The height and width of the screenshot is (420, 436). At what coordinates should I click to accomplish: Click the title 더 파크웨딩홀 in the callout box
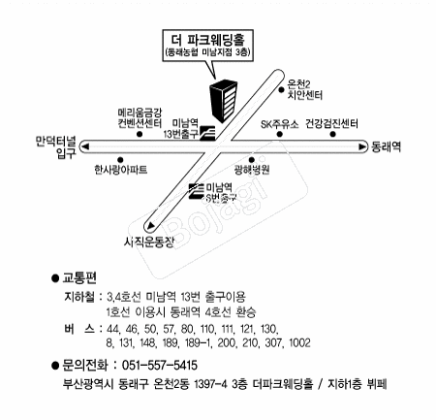click(x=208, y=40)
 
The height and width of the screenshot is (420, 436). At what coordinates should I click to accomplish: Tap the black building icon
click(x=224, y=101)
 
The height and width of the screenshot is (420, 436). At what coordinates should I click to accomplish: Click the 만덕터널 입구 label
click(x=56, y=147)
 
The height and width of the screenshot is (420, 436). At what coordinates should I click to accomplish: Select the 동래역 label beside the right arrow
click(x=386, y=146)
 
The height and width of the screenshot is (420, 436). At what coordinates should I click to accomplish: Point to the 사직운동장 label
click(x=149, y=241)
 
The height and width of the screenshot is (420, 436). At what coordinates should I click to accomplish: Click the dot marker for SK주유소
click(x=280, y=134)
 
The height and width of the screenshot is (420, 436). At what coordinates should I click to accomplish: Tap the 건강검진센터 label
click(x=331, y=123)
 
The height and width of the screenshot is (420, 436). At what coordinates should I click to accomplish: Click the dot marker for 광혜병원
click(x=251, y=159)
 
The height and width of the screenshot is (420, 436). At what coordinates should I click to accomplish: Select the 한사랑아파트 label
click(x=121, y=169)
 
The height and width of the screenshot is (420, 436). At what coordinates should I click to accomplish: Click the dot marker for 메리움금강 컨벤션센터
click(x=140, y=134)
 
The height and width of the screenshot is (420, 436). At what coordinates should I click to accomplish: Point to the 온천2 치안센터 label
click(x=305, y=89)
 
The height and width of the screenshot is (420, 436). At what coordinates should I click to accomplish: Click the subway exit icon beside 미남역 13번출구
click(x=207, y=133)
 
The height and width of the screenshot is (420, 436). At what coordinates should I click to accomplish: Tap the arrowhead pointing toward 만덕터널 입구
click(x=84, y=147)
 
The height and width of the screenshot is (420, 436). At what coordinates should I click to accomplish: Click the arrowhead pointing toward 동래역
click(x=362, y=146)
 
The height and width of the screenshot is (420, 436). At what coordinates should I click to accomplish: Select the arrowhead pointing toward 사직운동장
click(x=150, y=226)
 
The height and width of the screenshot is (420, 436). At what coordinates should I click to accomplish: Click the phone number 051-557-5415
click(x=160, y=366)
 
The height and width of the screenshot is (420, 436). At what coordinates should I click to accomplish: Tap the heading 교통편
click(x=79, y=277)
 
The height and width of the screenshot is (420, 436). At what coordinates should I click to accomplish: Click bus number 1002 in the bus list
click(x=299, y=342)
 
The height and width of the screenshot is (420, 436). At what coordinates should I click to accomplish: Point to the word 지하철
click(x=79, y=297)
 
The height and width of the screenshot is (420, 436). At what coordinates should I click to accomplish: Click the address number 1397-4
click(x=210, y=384)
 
